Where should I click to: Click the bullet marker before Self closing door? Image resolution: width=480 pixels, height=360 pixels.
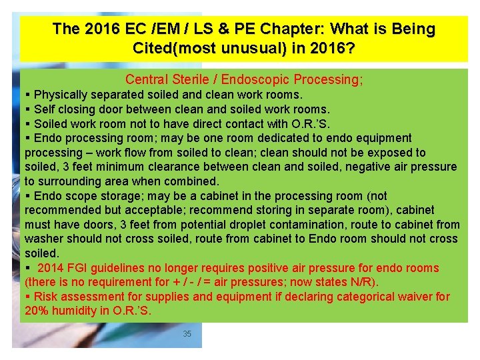click(x=27, y=109)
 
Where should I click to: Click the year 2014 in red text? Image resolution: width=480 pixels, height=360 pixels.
click(x=51, y=268)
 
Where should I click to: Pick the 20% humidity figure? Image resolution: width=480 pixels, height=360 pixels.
click(x=61, y=311)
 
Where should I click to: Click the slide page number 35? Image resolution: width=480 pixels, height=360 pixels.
click(x=187, y=333)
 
